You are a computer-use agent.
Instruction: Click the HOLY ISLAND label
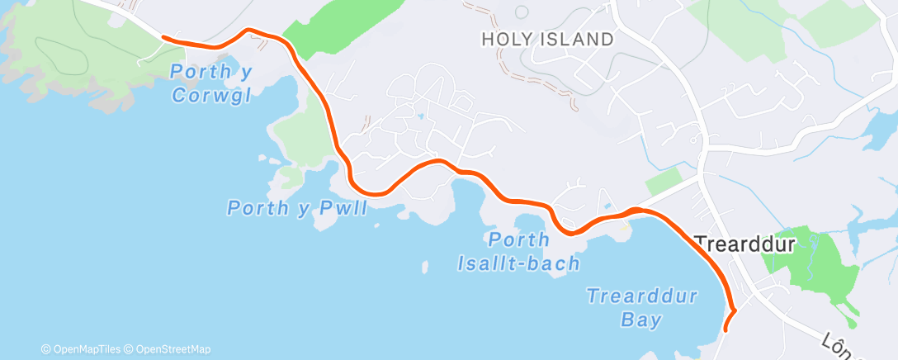coord(548,39)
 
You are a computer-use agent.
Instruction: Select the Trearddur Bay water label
coord(643,307)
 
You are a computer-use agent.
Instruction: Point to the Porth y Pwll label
coord(297,207)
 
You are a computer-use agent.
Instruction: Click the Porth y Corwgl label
coord(211,83)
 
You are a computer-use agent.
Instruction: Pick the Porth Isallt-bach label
coord(518,252)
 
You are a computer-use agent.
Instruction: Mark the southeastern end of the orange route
coord(725,329)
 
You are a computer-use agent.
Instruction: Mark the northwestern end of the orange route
coord(163,37)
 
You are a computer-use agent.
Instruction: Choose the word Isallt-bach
coord(518,263)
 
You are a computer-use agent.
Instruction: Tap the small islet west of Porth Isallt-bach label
coord(425,268)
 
